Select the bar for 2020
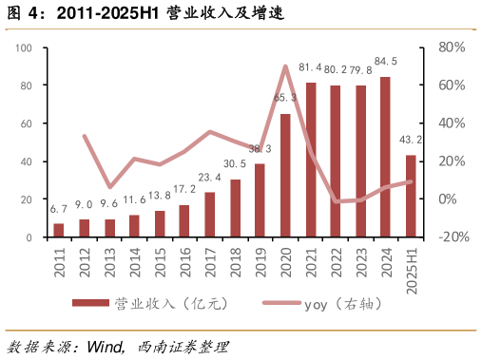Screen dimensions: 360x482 [285, 176]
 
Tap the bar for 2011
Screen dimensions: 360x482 [59, 231]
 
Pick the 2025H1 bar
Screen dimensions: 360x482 [411, 196]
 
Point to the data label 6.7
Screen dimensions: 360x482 [59, 209]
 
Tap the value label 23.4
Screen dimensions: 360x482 [210, 178]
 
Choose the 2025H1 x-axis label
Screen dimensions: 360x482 [411, 271]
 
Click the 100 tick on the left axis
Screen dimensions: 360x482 [25, 47]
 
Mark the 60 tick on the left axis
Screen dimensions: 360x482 [28, 123]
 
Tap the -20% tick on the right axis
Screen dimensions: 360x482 [451, 237]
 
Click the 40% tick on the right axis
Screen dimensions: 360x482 [452, 123]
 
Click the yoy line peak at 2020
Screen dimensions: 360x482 [285, 66]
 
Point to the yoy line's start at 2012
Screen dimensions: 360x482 [85, 137]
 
